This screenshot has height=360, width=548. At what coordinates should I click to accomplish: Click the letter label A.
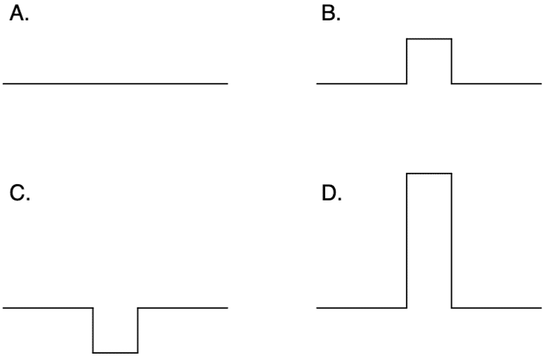pos(19,14)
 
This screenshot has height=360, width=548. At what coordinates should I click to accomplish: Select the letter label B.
pos(331,14)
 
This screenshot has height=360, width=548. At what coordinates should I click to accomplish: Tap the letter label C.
pos(20,193)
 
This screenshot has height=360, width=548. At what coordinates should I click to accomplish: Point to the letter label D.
pos(332,193)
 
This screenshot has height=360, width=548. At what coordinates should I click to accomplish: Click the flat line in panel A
pos(115,84)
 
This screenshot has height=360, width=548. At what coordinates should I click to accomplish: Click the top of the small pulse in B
pos(429,39)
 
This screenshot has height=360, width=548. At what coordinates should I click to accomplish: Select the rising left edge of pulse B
pos(407,61)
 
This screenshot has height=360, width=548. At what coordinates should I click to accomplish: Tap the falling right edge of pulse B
pos(452,61)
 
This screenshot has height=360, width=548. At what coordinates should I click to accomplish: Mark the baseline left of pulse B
pos(362,84)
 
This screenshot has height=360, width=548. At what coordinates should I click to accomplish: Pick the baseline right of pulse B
pos(497,84)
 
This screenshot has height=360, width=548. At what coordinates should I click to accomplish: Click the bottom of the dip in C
pos(115,353)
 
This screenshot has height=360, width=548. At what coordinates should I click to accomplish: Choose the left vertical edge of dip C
pos(93,330)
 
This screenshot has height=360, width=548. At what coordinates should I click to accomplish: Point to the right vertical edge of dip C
pos(138,330)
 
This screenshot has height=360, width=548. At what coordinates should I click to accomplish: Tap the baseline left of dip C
pos(48,308)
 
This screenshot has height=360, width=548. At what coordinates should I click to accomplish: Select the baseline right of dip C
pos(183,308)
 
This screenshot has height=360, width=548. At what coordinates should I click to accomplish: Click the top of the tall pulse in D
pos(429,173)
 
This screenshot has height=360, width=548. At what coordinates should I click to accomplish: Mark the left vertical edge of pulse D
pos(407,240)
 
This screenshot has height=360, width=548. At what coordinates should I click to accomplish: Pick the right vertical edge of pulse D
pos(452,240)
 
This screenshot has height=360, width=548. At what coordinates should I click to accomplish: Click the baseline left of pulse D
pos(362,308)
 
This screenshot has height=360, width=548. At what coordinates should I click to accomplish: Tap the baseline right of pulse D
pos(497,308)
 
